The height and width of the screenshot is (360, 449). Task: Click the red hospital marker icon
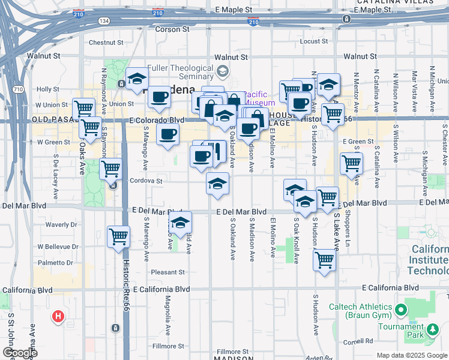tap(58, 316)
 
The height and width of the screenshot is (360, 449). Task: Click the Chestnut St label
tap(106, 43)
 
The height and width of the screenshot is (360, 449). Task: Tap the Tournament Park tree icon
tap(432, 329)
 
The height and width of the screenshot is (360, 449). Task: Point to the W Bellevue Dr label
tap(58, 247)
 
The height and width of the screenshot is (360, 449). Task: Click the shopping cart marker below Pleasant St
tap(324, 260)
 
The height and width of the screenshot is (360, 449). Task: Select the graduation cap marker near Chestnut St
tap(137, 79)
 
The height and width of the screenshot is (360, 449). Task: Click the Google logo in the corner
tap(19, 352)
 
